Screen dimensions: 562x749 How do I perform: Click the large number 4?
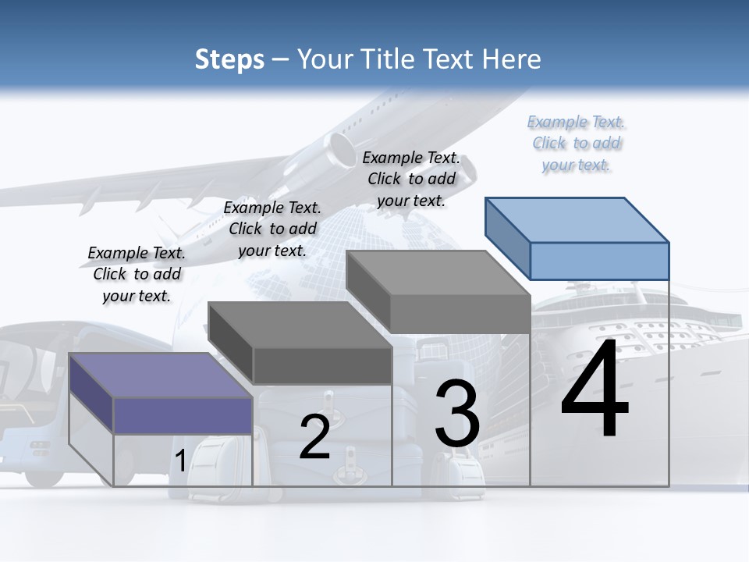coord(595,390)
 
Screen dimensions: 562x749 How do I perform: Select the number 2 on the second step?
coord(314,437)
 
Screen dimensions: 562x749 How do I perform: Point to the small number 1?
coord(180,461)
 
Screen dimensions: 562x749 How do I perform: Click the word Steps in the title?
coord(229,59)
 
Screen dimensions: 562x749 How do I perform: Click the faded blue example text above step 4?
coord(576,144)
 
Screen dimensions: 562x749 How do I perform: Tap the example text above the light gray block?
coord(411,179)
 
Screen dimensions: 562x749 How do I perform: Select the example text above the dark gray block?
coord(272,229)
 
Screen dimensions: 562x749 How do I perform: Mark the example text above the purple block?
coord(137,274)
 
